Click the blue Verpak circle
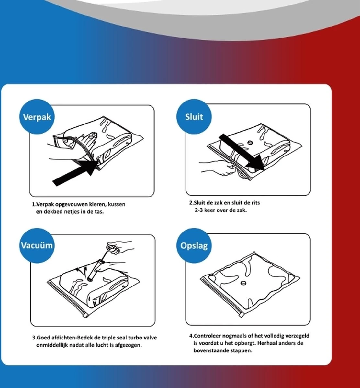click(37, 117)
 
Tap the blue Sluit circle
click(194, 117)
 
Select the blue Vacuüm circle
click(37, 245)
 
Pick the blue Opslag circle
click(194, 245)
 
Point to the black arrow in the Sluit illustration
click(242, 152)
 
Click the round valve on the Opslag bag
click(243, 283)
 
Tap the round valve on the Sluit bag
click(250, 142)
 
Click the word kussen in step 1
click(117, 204)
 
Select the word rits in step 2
click(256, 203)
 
